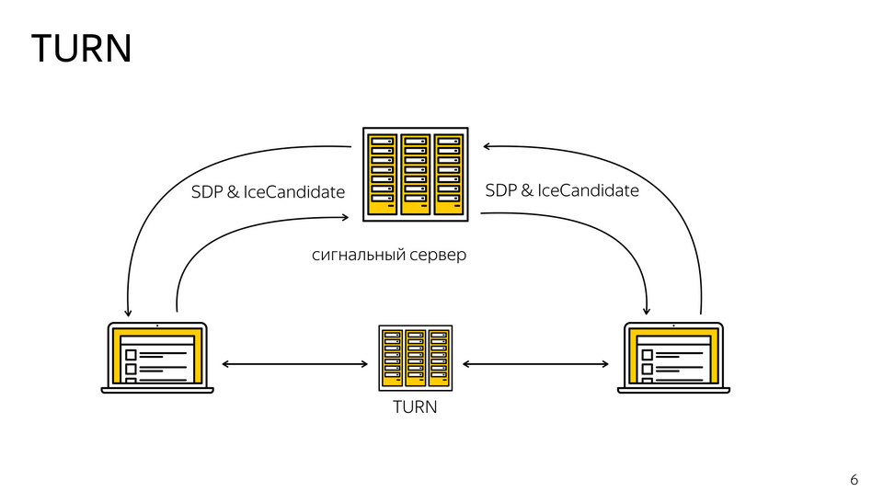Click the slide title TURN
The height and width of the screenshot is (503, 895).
(x=82, y=48)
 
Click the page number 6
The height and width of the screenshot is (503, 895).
(x=854, y=480)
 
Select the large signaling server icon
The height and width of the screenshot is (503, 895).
(x=415, y=174)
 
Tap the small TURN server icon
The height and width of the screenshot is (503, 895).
(x=415, y=359)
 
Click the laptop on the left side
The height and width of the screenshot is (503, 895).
(x=157, y=358)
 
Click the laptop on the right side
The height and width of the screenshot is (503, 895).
(x=673, y=358)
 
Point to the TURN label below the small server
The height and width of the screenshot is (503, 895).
(x=415, y=406)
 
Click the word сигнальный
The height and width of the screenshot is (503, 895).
(x=359, y=255)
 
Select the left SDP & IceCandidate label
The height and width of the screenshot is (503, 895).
(x=268, y=192)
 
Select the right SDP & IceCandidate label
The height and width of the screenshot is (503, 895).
(x=561, y=190)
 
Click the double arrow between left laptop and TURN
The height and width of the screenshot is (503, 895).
(x=294, y=365)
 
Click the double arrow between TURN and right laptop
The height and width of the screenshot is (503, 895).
(x=535, y=365)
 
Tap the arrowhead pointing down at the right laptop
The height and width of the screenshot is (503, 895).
(x=648, y=310)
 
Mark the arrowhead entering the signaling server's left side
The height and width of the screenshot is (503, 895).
(x=345, y=218)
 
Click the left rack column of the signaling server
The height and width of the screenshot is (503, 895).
(x=382, y=175)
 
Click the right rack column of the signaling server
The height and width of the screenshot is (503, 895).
(x=448, y=175)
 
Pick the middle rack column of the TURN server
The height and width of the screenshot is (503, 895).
(x=415, y=358)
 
